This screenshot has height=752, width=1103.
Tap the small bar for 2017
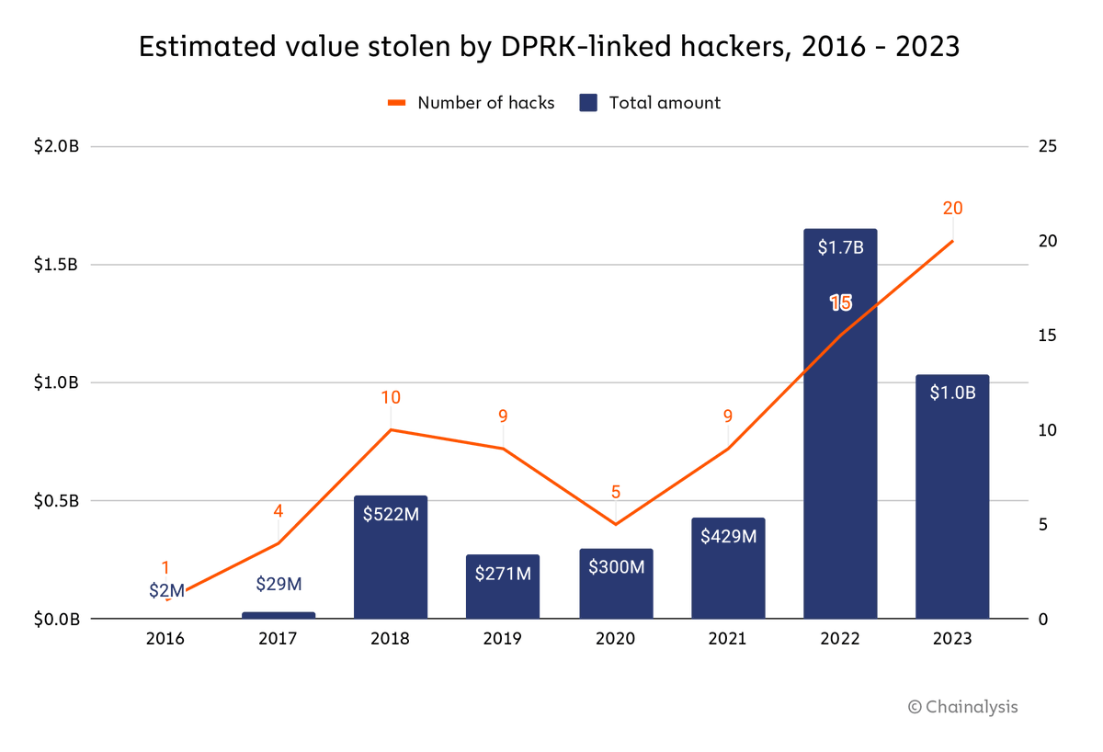click(x=279, y=615)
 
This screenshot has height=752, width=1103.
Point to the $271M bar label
click(x=503, y=574)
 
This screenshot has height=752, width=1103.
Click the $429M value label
click(x=728, y=536)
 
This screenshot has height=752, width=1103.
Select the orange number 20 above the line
click(x=952, y=209)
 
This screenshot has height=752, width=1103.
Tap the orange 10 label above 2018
click(x=391, y=398)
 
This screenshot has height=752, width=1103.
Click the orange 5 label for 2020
click(x=616, y=492)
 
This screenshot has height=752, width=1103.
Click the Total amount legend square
click(x=589, y=103)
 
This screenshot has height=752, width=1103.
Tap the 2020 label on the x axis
click(x=616, y=639)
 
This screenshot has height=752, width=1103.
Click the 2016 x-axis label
click(x=165, y=639)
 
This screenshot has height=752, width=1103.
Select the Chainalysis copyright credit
click(x=962, y=707)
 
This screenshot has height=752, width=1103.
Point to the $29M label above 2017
click(x=279, y=584)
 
